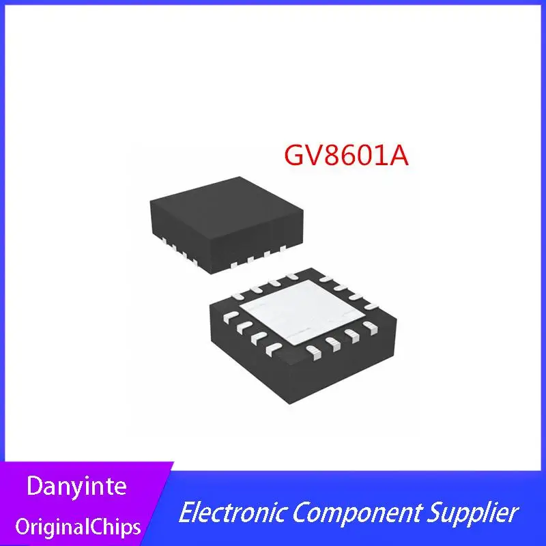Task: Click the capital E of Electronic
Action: (185, 512)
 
